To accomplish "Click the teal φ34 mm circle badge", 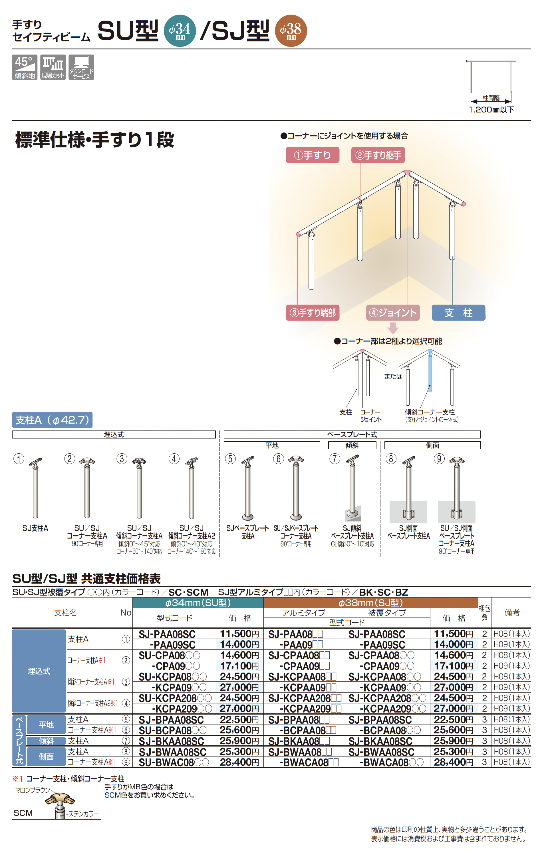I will click(180, 31).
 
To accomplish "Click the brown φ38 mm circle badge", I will click(291, 31).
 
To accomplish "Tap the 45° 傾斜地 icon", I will click(25, 67).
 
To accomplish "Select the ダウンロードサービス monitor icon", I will click(81, 67).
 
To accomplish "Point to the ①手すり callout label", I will click(312, 155).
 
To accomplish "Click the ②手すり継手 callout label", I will click(378, 155).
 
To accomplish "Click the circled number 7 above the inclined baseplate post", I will click(335, 459).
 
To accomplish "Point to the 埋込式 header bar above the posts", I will click(114, 434).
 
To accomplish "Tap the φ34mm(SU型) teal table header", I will click(198, 603).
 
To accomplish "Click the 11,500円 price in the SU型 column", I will click(239, 634).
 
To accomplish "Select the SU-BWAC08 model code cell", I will click(174, 762).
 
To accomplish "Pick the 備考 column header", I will click(511, 612).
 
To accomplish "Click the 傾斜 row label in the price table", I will click(46, 741).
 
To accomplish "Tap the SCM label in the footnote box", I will click(23, 813).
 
